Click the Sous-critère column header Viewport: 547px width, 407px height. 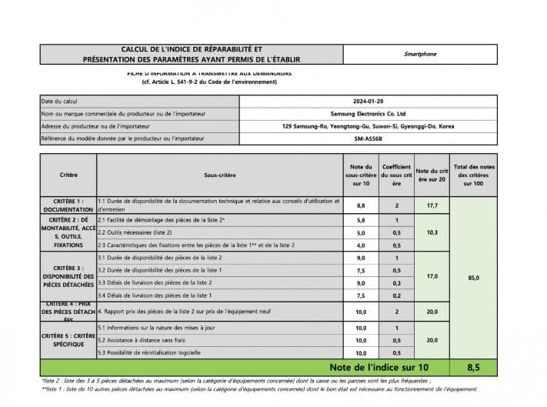coord(220,175)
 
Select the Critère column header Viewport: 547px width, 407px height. coord(68,175)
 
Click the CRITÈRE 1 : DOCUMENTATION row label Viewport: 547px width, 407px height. coord(68,205)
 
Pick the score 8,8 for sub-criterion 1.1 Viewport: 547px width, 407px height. coord(360,206)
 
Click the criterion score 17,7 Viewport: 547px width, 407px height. coord(431,206)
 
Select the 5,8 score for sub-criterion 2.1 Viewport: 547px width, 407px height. coord(360,220)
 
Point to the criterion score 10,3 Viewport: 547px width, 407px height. coord(431,232)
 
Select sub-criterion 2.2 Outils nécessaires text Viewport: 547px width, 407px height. coord(135,232)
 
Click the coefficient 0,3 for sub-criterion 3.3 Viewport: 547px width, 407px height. coord(396,283)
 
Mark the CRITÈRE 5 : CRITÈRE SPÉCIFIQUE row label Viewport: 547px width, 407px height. coord(68,340)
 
